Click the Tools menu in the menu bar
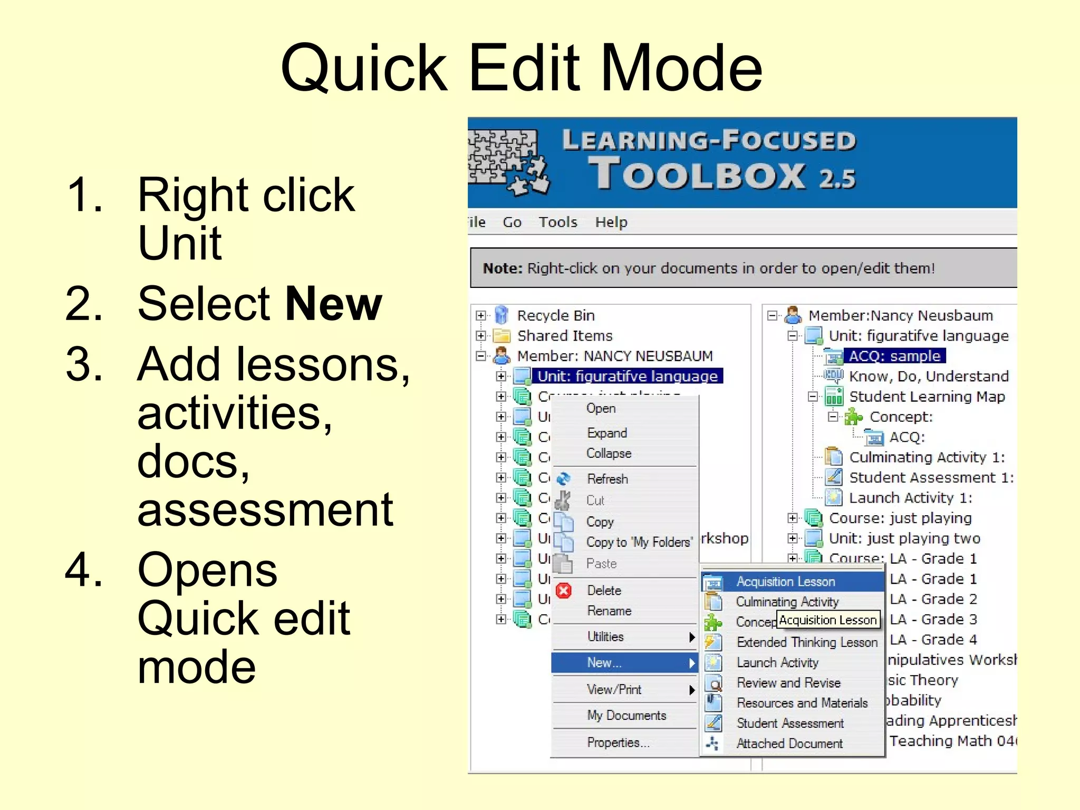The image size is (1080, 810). [x=557, y=222]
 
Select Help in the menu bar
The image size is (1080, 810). [x=611, y=222]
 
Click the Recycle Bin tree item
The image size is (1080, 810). [x=555, y=315]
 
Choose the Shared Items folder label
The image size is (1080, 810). [x=564, y=336]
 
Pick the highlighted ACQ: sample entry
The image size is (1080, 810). [x=894, y=356]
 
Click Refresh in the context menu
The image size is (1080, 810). [x=607, y=479]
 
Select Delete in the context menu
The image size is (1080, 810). [x=604, y=590]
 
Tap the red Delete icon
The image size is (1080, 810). [x=564, y=591]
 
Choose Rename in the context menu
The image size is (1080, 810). [x=609, y=611]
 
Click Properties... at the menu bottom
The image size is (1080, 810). [x=618, y=742]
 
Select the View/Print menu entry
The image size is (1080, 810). [x=614, y=689]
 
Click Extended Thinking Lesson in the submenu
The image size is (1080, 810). [x=807, y=642]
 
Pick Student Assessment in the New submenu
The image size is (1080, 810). [x=790, y=723]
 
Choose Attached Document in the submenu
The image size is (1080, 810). [x=789, y=744]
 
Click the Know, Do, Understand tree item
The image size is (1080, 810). [x=929, y=376]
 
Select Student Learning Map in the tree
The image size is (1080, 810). [x=927, y=397]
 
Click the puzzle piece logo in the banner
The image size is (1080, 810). [x=507, y=161]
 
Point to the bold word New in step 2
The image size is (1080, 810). [x=333, y=304]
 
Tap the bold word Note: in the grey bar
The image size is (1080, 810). [x=502, y=268]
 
